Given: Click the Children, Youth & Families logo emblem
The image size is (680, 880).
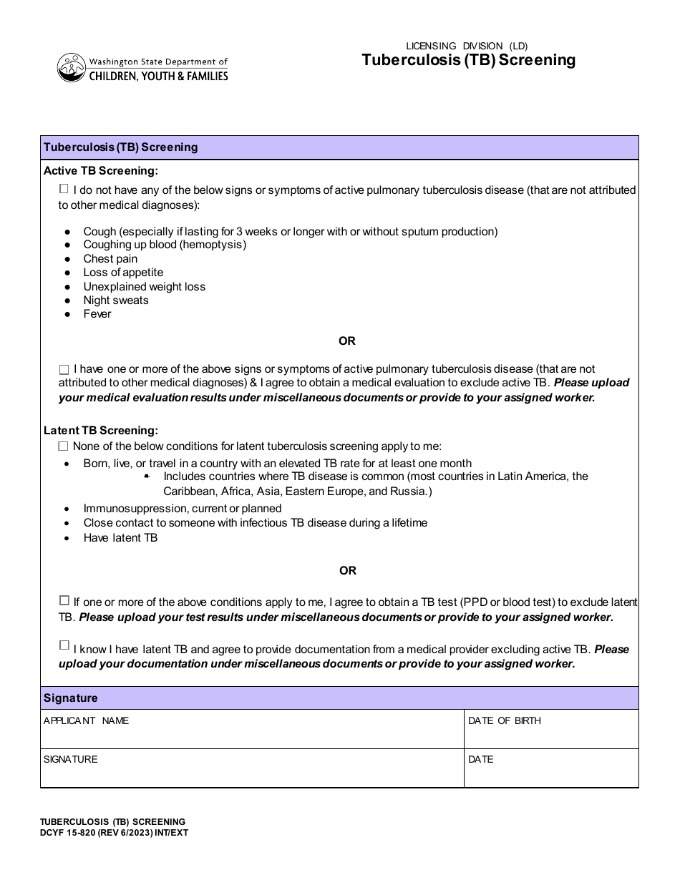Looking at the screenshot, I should click(x=69, y=68).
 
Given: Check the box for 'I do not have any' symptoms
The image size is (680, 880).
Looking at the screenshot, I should click(x=64, y=189).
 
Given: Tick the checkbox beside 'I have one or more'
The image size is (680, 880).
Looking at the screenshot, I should click(x=64, y=370).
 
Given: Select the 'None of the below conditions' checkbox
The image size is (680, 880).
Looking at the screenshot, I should click(x=64, y=446).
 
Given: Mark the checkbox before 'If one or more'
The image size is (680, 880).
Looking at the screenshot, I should click(x=64, y=600).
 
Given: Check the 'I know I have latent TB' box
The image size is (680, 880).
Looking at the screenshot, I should click(x=64, y=645).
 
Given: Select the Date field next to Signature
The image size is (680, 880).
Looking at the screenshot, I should click(x=550, y=773).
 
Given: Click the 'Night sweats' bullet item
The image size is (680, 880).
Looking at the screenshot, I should click(x=116, y=300).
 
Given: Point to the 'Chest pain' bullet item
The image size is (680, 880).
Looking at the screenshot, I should click(x=110, y=259).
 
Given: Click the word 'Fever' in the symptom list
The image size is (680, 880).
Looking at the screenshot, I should click(x=97, y=314).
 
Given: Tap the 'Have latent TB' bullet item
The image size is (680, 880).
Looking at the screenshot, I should click(x=120, y=538).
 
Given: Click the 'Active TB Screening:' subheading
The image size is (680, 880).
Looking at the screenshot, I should click(x=100, y=171).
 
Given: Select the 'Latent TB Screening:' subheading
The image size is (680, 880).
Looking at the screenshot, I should click(x=100, y=431).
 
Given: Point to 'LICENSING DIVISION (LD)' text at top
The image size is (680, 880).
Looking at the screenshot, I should click(x=467, y=46).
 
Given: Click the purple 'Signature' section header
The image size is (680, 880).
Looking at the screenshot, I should click(x=71, y=698).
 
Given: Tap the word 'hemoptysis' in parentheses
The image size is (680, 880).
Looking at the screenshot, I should click(x=213, y=245).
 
